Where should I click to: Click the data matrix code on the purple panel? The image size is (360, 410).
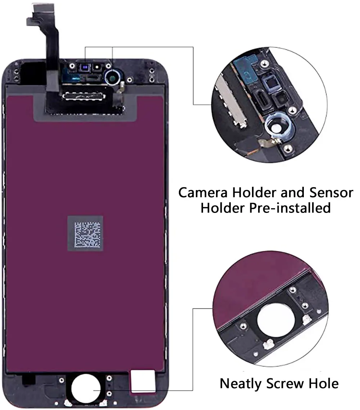(x=85, y=234)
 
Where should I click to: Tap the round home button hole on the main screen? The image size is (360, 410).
(x=86, y=390)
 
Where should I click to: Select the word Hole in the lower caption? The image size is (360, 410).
(x=324, y=383)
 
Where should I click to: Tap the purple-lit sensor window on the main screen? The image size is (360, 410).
(x=85, y=67)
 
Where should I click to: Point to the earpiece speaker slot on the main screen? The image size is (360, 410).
(x=94, y=77)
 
